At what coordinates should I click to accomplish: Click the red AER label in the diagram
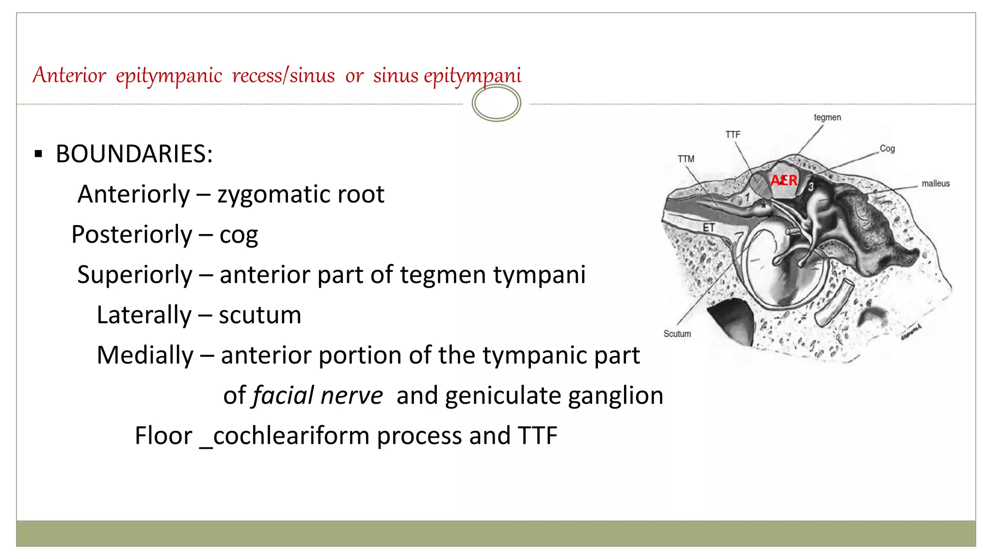coord(784,181)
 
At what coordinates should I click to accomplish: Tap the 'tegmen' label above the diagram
coord(827,117)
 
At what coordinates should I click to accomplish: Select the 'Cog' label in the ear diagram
coord(887,148)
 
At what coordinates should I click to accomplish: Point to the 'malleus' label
coord(935,183)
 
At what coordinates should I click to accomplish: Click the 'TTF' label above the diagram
coord(733,134)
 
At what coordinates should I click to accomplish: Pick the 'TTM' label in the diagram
coord(686,159)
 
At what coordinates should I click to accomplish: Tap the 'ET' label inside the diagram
coord(708,228)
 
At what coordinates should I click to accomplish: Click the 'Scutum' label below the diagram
coord(677,334)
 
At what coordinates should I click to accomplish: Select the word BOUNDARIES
coord(134,154)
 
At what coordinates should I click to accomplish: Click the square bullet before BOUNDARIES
coord(39,155)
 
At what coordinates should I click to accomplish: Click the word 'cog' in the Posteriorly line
coord(239,235)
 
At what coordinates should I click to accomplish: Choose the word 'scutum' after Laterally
coord(260,315)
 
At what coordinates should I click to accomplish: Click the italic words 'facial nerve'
coord(318,395)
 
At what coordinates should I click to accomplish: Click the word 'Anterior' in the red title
coord(69,75)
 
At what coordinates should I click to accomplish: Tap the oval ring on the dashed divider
coord(496,103)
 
